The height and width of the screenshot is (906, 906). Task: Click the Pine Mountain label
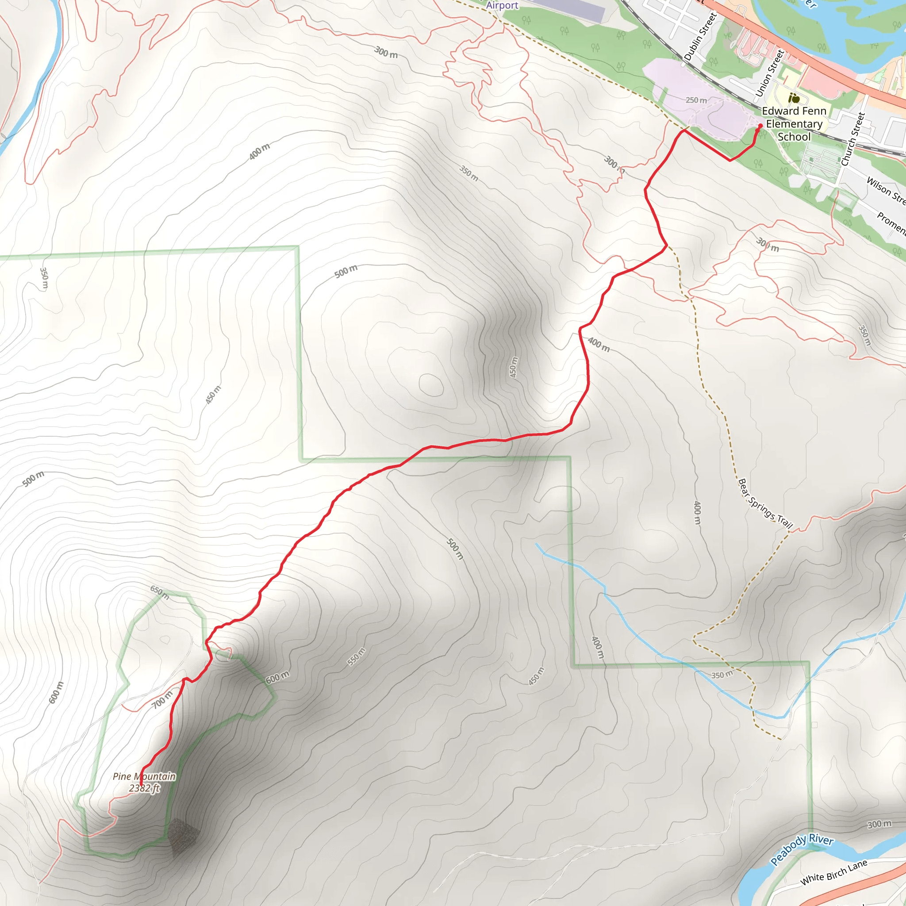click(144, 776)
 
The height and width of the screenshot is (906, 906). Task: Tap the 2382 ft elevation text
click(144, 788)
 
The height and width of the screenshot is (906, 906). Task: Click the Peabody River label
click(802, 849)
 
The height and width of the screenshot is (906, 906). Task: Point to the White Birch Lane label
click(834, 873)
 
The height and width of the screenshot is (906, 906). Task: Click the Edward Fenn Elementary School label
click(794, 124)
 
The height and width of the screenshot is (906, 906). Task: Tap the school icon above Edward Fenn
click(794, 99)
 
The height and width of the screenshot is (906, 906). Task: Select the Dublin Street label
click(701, 37)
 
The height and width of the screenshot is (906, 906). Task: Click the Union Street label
click(770, 73)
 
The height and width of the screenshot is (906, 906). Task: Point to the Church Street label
click(852, 139)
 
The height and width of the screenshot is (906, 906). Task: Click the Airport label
click(502, 5)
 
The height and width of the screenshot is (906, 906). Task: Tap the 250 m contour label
click(696, 100)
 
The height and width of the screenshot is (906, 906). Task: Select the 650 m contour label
click(160, 592)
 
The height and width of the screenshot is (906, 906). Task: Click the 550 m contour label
click(356, 656)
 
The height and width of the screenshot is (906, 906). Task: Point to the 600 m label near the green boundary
click(278, 678)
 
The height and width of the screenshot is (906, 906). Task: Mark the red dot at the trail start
click(760, 126)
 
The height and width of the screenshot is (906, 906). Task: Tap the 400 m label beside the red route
click(599, 345)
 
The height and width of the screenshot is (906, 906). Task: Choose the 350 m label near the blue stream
click(722, 675)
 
